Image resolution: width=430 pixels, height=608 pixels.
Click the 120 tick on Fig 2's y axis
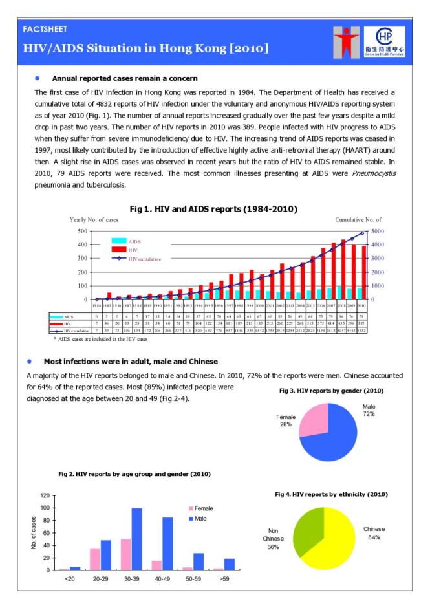(x=46, y=495)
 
